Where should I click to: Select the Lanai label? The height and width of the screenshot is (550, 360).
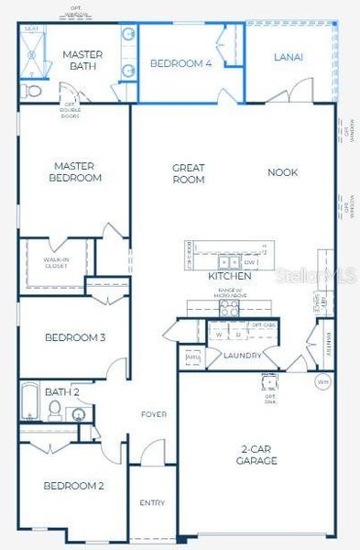[288, 57]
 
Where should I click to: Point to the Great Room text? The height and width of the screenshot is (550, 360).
[189, 173]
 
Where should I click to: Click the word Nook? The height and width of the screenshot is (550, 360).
[282, 172]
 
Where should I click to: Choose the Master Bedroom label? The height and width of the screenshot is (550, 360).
[76, 171]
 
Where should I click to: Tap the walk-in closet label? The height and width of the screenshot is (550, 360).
[56, 262]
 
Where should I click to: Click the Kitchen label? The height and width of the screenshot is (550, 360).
[229, 276]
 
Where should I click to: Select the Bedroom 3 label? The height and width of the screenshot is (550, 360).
[74, 337]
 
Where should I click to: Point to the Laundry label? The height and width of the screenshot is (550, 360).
[242, 356]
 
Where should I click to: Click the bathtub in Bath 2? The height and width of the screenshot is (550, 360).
[29, 401]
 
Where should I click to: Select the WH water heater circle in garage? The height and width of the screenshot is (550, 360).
[322, 380]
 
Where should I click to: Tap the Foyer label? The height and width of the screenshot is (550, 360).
[153, 414]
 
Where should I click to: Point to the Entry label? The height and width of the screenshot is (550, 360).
[152, 502]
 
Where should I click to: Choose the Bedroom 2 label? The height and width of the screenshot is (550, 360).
[72, 485]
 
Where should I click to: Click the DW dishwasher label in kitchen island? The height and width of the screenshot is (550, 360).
[248, 263]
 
